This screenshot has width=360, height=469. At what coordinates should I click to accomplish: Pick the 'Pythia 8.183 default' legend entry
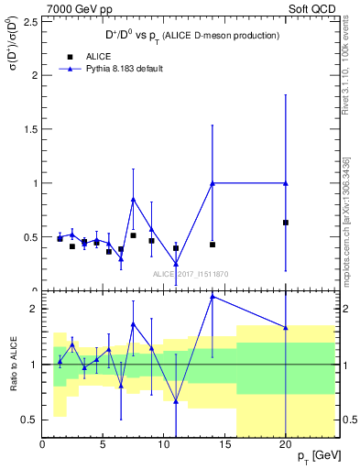click(108, 69)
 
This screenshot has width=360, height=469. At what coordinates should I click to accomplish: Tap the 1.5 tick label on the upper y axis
click(30, 129)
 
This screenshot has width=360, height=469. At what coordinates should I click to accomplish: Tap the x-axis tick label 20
click(286, 444)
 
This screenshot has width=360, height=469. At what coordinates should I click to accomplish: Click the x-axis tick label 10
click(164, 444)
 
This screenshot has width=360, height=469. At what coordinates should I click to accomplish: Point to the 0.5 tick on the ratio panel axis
click(30, 420)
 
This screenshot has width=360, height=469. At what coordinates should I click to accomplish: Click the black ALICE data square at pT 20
click(286, 223)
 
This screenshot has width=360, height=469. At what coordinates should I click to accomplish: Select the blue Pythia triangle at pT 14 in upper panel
click(213, 183)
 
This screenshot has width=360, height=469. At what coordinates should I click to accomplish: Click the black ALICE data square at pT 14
click(213, 245)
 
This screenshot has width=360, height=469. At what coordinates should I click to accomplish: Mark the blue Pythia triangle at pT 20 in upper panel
click(286, 183)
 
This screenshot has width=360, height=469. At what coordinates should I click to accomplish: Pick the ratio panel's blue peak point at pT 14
click(213, 296)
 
